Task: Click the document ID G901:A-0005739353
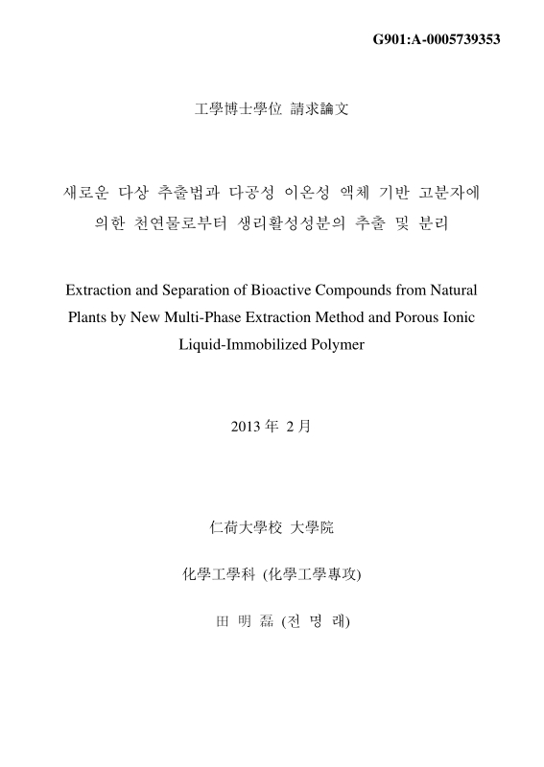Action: (436, 39)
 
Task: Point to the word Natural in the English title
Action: (450, 289)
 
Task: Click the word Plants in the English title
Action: (89, 316)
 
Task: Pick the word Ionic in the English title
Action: (458, 316)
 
